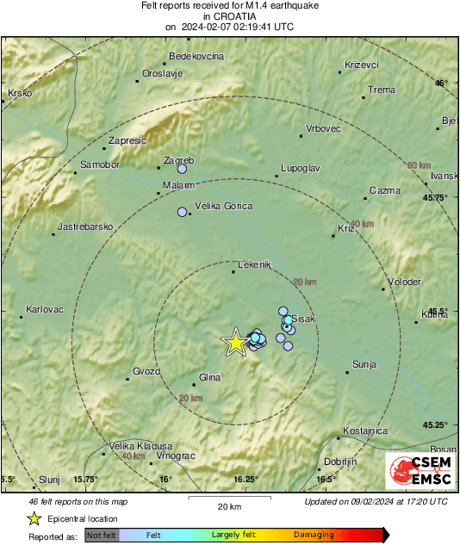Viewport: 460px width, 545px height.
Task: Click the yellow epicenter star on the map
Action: (x=235, y=342)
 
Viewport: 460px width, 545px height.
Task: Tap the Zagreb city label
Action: (x=179, y=160)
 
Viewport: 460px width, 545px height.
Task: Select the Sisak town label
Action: (x=305, y=319)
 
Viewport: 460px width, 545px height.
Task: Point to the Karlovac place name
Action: (x=44, y=308)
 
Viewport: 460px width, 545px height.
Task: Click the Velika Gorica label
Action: (x=223, y=206)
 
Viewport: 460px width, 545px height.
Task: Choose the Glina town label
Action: (x=209, y=377)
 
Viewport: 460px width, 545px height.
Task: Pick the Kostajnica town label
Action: (x=364, y=430)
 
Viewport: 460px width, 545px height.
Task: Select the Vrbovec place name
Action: (x=324, y=128)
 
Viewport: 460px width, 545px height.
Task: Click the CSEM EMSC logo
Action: (x=421, y=473)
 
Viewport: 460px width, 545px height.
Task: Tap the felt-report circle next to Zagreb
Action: (x=182, y=170)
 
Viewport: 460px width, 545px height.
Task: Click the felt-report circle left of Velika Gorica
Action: (x=182, y=212)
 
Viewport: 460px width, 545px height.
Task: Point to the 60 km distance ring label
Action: (x=419, y=165)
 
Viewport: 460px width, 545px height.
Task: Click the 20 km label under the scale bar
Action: (x=229, y=506)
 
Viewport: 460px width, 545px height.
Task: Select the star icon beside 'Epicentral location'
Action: (x=34, y=518)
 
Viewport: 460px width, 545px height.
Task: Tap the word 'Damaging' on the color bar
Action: (x=314, y=535)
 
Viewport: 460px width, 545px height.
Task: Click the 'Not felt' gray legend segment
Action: (x=102, y=535)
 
